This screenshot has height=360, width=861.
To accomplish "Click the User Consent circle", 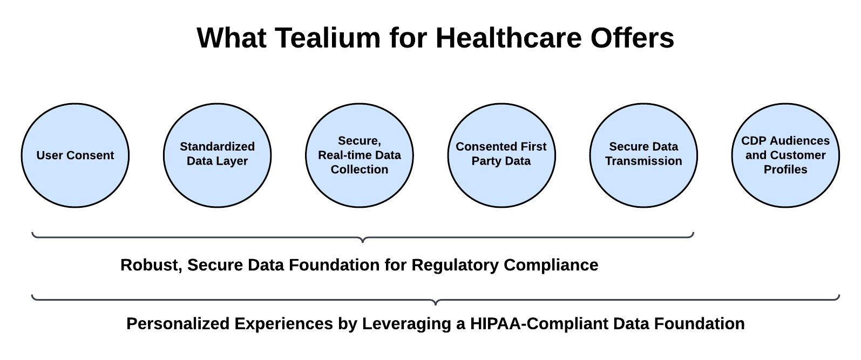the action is click(x=76, y=155).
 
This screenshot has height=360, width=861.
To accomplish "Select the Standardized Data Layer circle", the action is click(x=217, y=155).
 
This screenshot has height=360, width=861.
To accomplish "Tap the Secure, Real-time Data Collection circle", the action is click(x=360, y=155).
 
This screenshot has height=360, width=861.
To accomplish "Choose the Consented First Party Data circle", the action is click(x=501, y=155).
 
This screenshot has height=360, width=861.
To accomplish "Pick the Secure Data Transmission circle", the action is click(x=644, y=155).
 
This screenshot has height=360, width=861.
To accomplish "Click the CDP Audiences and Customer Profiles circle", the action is click(x=785, y=155).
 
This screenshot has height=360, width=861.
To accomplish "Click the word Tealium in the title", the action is click(x=328, y=38).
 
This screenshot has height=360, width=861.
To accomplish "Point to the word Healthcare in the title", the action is click(x=509, y=38).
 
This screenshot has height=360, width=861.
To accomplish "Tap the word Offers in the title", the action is click(x=632, y=38).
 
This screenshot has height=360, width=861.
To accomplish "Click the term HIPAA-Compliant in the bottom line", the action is click(x=539, y=324).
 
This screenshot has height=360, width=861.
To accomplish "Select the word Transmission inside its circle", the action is click(x=644, y=161).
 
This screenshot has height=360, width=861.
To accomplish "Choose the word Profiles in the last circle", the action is click(x=785, y=169).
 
